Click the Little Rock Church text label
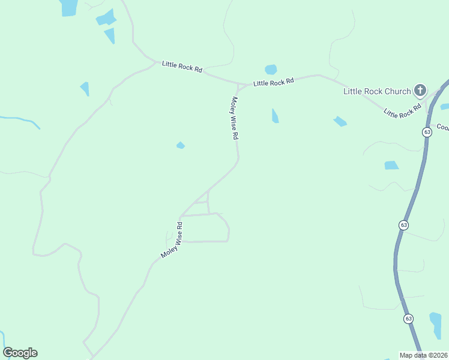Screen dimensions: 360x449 coord(377,91)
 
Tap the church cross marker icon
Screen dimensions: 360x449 coord(420,91)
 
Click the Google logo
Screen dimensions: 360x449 coord(20,353)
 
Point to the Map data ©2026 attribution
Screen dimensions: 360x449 coord(424,355)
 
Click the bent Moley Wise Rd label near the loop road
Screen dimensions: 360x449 coord(172,240)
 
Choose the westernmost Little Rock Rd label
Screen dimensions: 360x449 coord(182,66)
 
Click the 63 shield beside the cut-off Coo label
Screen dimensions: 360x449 coord(427,132)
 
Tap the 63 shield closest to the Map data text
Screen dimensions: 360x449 coord(408,319)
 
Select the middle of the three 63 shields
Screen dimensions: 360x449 coord(403,225)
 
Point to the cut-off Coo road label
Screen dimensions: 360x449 coord(442,127)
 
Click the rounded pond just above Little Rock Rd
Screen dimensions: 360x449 coord(271,69)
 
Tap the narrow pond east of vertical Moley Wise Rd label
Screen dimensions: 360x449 coord(275,116)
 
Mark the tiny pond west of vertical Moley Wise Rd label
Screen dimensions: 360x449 coord(180,145)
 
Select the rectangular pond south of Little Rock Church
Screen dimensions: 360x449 coord(391,165)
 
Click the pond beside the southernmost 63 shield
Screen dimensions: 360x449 coord(436,325)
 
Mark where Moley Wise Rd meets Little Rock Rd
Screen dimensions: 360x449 coord(238,86)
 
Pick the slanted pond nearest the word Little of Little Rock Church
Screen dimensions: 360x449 coord(340,121)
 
